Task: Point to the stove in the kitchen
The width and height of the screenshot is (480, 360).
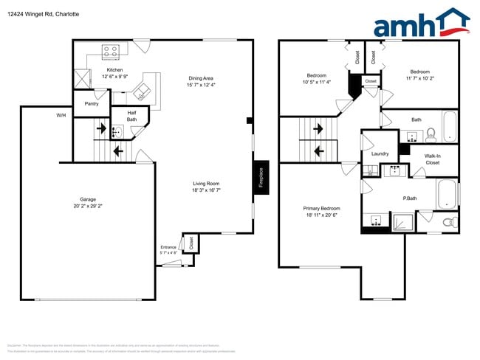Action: click(x=111, y=52)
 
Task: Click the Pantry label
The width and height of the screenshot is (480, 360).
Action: click(x=92, y=103)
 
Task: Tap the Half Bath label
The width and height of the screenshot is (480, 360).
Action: click(x=131, y=116)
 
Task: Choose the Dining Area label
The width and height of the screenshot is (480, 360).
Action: click(x=201, y=82)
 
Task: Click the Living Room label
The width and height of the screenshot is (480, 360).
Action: click(x=206, y=187)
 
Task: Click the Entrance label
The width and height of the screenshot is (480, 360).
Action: click(x=169, y=249)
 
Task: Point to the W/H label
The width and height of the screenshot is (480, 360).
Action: click(x=61, y=116)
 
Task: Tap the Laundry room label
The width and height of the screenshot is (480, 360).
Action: click(x=380, y=153)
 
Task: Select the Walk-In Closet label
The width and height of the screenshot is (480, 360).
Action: click(x=432, y=159)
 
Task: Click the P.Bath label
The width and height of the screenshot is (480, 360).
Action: click(x=411, y=198)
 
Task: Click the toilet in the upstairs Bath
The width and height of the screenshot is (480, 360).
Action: click(x=432, y=134)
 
